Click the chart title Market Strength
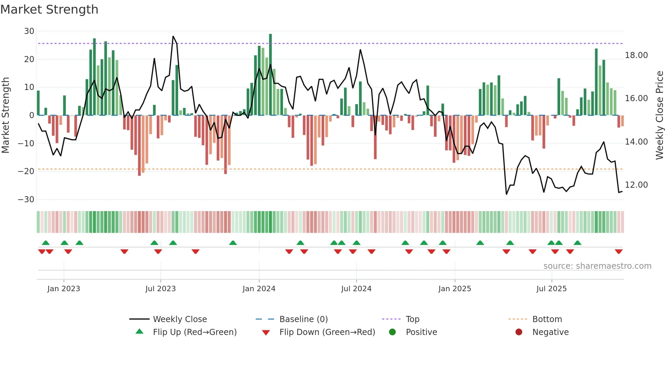coord(49,10)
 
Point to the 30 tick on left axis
coord(29,31)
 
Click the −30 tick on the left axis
coord(26,199)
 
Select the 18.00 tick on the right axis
coord(636,55)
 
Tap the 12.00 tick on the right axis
coord(636,185)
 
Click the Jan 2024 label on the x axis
coord(259,289)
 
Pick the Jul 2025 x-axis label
coord(551,289)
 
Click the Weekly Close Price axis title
coord(659,115)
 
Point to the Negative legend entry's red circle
coord(519,332)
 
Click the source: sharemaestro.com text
coord(597,266)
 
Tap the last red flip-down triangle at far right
coord(619,251)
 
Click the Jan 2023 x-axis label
coord(64,289)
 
